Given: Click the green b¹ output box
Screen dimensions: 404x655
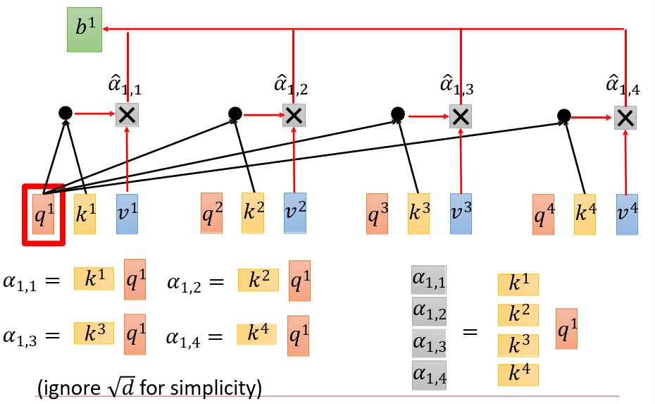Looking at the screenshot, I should tap(84, 30).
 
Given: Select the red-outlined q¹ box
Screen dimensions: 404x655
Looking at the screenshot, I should tap(44, 214).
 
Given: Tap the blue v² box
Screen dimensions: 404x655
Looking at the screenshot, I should tap(295, 213).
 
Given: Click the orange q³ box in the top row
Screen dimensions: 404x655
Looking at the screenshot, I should tap(377, 214).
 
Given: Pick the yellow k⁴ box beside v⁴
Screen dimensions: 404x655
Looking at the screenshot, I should tap(584, 214).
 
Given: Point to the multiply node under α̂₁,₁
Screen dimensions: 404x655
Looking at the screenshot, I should tap(127, 116).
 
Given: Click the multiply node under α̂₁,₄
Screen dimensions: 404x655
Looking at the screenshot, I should tap(625, 117).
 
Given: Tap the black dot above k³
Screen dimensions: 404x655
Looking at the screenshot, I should tap(398, 113).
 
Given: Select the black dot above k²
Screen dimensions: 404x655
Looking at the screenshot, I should tap(235, 113).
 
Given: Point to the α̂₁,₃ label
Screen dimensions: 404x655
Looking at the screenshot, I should tap(456, 87).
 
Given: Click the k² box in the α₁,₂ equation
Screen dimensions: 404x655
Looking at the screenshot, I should tap(258, 280).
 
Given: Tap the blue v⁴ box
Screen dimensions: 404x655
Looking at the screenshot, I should tap(627, 214).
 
